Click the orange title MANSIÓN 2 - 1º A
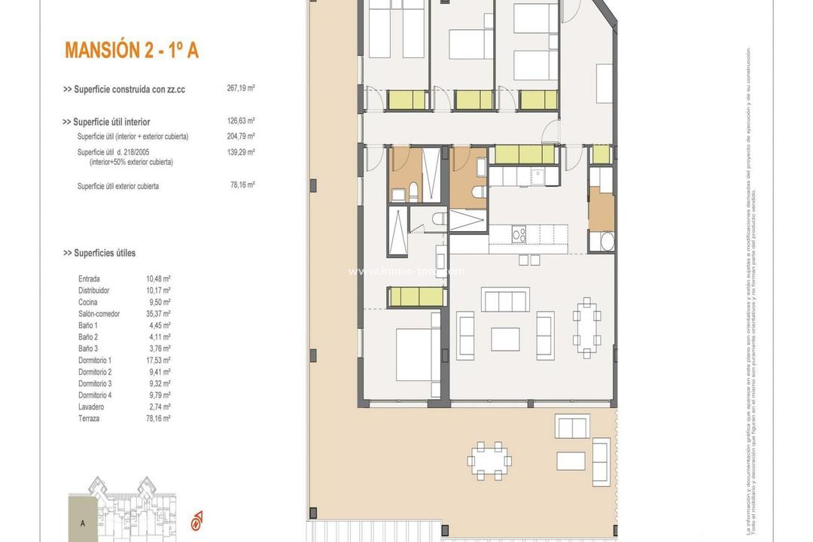[132, 50]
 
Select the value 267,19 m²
[241, 88]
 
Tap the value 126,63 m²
[241, 120]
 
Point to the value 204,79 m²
[241, 136]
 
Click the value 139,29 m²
[241, 152]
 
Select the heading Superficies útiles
[99, 253]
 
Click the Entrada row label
[89, 279]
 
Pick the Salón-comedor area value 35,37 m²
[158, 314]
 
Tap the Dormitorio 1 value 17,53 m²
[158, 361]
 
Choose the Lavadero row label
[92, 406]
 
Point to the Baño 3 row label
[88, 349]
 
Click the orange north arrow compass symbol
[197, 519]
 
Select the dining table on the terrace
[489, 460]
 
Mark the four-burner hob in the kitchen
[519, 235]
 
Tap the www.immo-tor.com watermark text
[406, 271]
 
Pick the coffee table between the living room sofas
[505, 339]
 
